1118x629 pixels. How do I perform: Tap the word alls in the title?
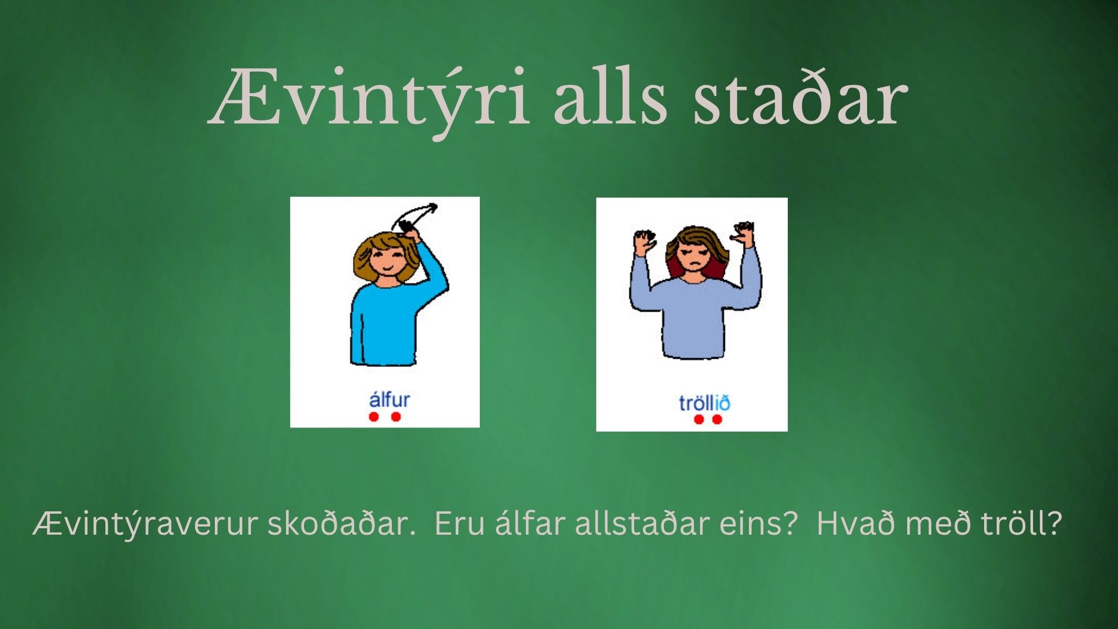click(x=610, y=97)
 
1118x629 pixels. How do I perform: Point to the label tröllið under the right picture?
click(x=704, y=403)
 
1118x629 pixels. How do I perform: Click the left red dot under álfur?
click(x=374, y=417)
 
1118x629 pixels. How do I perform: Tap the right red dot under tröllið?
click(x=717, y=419)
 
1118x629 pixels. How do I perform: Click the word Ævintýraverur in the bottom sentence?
click(x=145, y=524)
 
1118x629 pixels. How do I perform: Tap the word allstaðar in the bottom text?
click(x=639, y=523)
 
